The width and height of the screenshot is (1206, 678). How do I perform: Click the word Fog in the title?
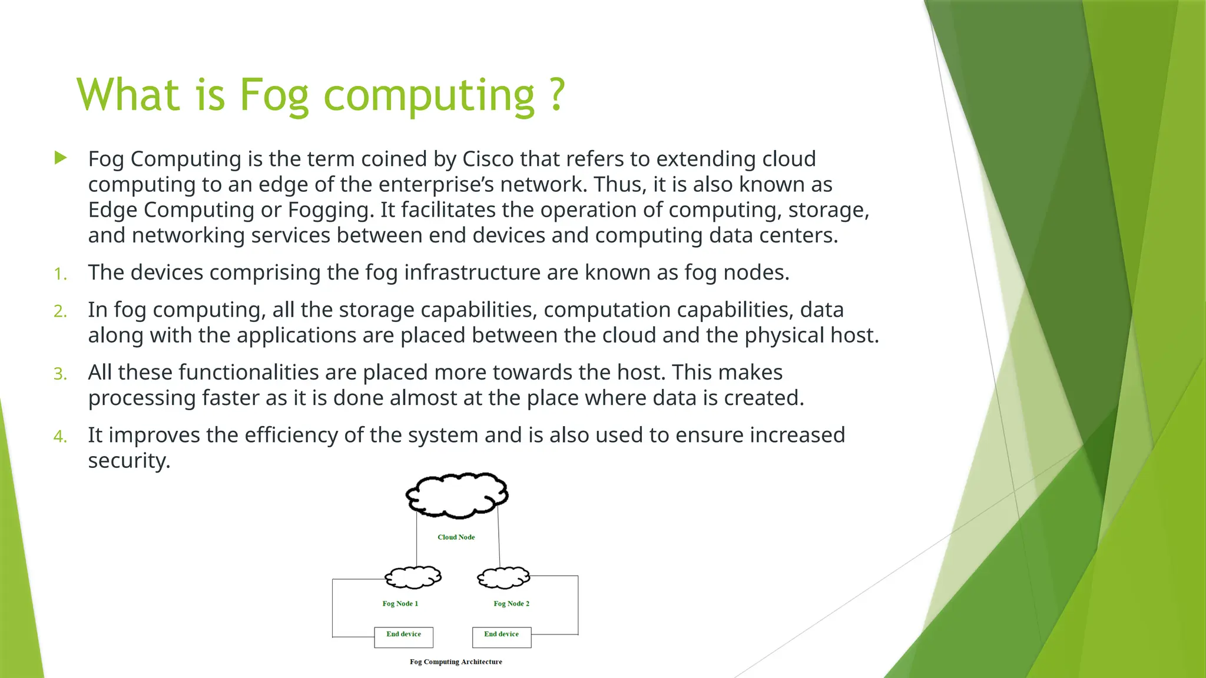pyautogui.click(x=273, y=95)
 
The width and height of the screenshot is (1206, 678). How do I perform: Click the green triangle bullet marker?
pyautogui.click(x=60, y=158)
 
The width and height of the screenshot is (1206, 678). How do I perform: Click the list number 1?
pyautogui.click(x=60, y=274)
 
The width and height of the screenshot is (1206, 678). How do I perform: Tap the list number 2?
pyautogui.click(x=60, y=311)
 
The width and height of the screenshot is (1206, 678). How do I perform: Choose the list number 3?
pyautogui.click(x=60, y=374)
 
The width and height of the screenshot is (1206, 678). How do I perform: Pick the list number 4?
pyautogui.click(x=60, y=436)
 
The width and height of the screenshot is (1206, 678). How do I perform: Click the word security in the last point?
pyautogui.click(x=128, y=461)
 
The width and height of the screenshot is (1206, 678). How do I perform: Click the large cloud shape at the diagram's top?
pyautogui.click(x=457, y=495)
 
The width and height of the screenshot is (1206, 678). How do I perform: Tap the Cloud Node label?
pyautogui.click(x=456, y=537)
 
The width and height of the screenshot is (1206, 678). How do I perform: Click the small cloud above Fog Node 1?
pyautogui.click(x=413, y=577)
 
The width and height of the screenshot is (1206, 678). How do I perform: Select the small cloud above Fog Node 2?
pyautogui.click(x=503, y=577)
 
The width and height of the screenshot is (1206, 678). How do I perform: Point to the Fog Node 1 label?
pyautogui.click(x=400, y=604)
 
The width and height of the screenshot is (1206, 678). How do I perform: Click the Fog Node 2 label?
pyautogui.click(x=511, y=604)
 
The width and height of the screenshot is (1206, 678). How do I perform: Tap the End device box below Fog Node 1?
pyautogui.click(x=403, y=637)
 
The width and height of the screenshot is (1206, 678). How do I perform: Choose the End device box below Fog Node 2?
pyautogui.click(x=502, y=637)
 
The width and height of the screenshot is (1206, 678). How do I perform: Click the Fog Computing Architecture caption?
pyautogui.click(x=456, y=662)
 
